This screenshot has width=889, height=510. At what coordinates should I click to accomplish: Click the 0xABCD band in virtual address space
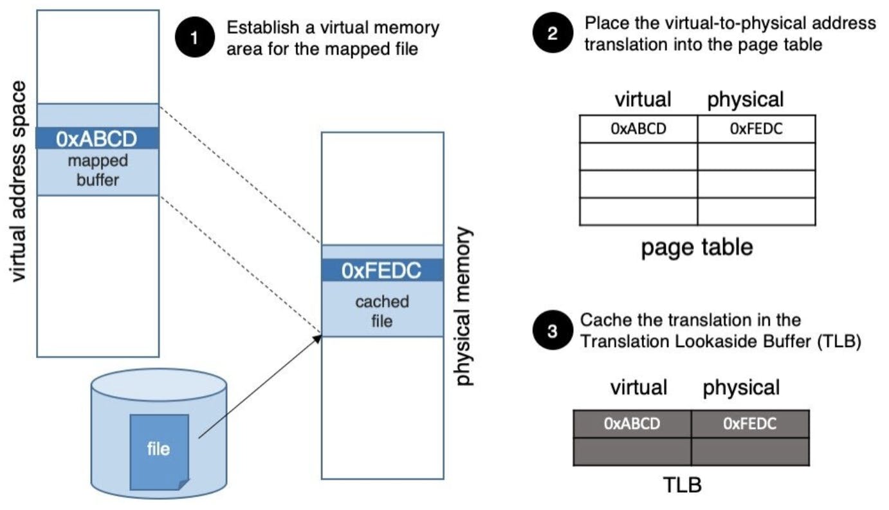[x=97, y=138]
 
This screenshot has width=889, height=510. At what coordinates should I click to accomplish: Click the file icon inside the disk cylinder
[x=159, y=449]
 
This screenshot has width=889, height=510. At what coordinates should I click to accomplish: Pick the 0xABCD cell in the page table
[x=638, y=129]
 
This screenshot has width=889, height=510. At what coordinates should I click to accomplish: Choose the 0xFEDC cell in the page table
[x=756, y=129]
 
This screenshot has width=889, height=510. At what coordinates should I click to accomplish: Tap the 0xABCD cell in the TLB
[x=632, y=423]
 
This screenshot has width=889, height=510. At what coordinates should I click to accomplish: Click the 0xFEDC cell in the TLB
[x=750, y=423]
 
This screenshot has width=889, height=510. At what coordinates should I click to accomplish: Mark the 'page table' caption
[x=697, y=247]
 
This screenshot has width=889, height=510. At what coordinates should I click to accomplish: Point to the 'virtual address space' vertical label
[x=19, y=181]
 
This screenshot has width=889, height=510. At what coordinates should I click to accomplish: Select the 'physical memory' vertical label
[x=464, y=306]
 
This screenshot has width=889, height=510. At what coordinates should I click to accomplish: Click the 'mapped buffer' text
[x=98, y=169]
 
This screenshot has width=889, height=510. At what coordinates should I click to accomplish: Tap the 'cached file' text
[x=382, y=311]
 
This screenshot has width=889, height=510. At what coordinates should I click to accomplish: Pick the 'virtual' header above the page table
[x=643, y=99]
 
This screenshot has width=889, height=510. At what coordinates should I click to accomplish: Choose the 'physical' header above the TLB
[x=741, y=387]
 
